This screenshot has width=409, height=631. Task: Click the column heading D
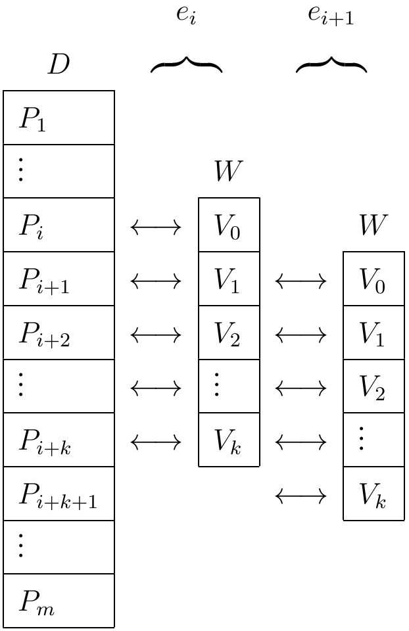[x=59, y=64]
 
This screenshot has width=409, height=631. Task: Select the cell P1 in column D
[x=59, y=118]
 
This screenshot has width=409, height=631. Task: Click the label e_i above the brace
[x=186, y=14]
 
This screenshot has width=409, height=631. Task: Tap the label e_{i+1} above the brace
[x=331, y=14]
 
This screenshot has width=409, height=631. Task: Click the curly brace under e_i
[x=186, y=64]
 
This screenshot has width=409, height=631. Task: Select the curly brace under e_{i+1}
[x=331, y=64]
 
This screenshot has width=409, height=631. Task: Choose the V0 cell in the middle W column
[x=229, y=226]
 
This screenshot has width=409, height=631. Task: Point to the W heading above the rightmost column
[x=373, y=225]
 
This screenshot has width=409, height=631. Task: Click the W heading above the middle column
[x=229, y=172]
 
